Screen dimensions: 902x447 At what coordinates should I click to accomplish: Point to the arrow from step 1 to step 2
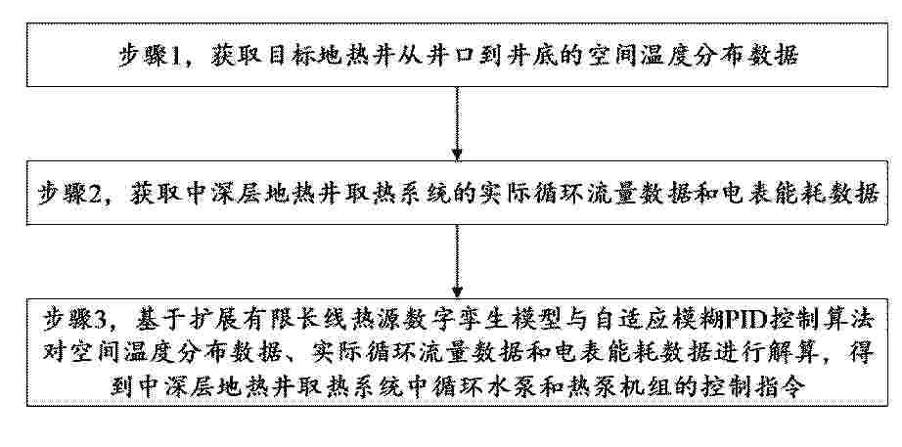pos(457,123)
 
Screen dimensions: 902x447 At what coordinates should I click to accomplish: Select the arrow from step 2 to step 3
pos(457,261)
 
